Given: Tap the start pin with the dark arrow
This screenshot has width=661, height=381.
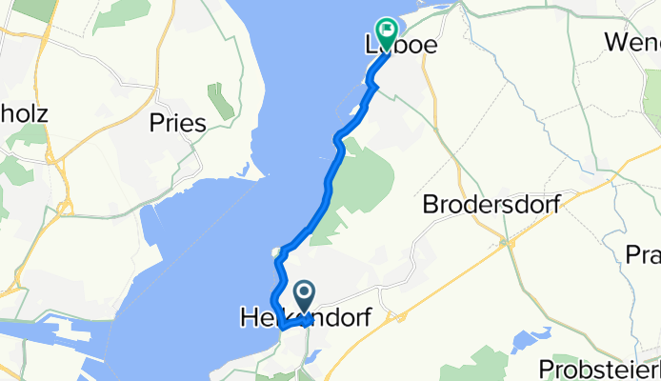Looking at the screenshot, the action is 305,295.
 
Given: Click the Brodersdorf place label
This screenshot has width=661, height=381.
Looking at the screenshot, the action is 490,204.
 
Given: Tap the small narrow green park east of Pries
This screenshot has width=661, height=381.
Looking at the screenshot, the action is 221,101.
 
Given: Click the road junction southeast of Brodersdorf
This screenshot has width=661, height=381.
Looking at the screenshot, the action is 511,243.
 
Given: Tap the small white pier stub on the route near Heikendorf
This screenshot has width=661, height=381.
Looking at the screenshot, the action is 275,253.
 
